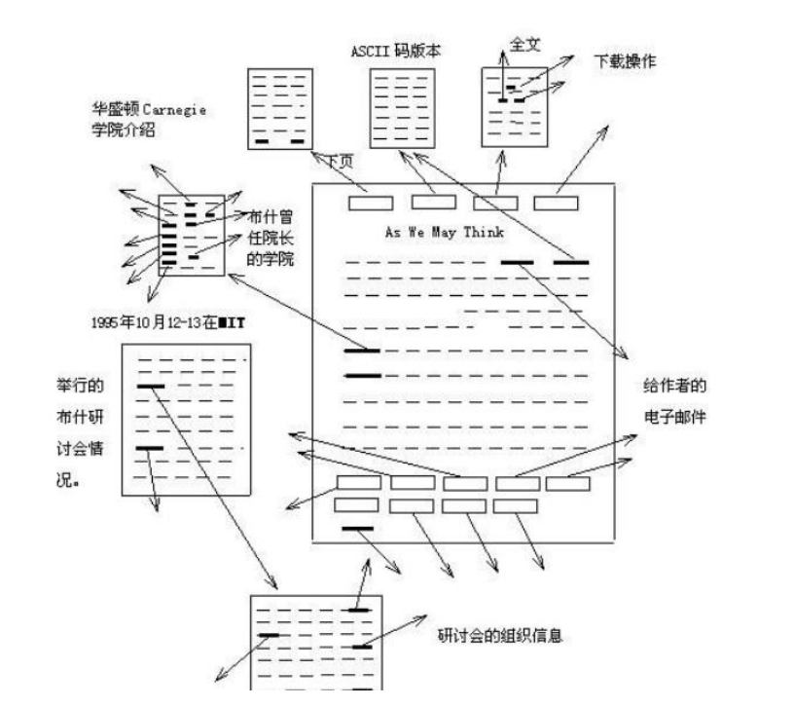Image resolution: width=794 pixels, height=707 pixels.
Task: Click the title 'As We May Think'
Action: pos(445,233)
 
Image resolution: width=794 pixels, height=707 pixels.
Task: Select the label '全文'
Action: pos(526,46)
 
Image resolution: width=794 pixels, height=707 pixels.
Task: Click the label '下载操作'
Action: pos(625,61)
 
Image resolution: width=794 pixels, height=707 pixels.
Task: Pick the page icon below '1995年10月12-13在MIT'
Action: pos(186,419)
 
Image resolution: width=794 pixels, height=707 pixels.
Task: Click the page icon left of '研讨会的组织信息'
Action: pos(316,643)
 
